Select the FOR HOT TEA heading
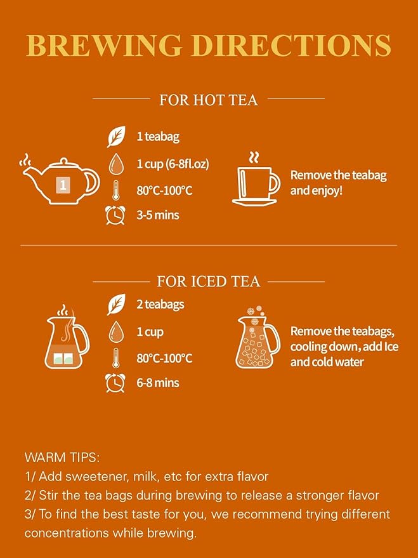[208, 100]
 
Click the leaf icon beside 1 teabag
[116, 136]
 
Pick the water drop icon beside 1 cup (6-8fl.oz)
[116, 163]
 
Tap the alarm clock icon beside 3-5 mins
[115, 215]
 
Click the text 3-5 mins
[158, 215]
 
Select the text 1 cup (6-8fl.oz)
[173, 164]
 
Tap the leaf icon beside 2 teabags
[116, 305]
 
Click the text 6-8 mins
[158, 383]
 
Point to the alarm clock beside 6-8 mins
[115, 383]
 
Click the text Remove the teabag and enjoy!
[338, 182]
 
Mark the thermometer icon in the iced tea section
[116, 357]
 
